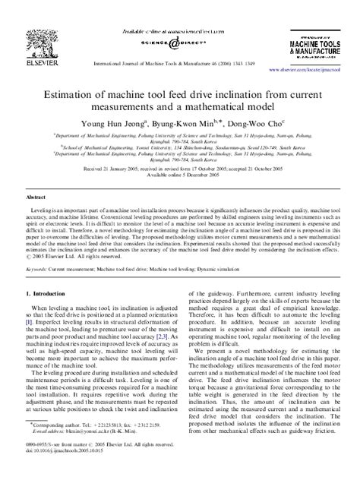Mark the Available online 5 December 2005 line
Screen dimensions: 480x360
click(x=179, y=175)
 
